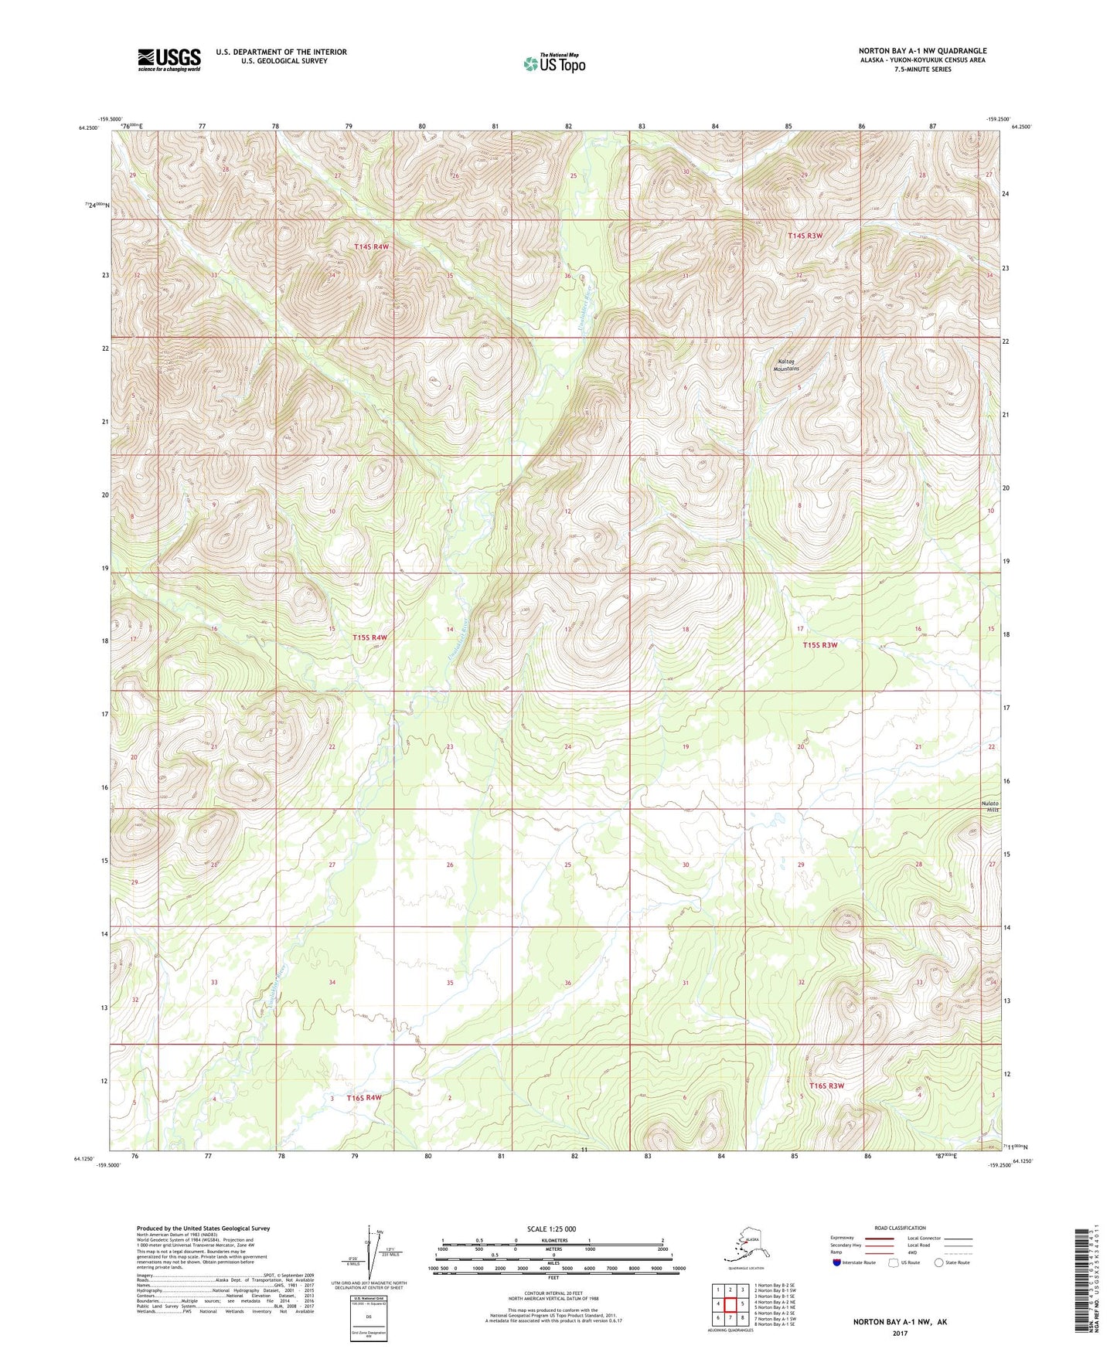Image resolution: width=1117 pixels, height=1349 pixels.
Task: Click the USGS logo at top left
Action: [x=169, y=59]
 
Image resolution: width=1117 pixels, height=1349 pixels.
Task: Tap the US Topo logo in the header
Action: [x=553, y=63]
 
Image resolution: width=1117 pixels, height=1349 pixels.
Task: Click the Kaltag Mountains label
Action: [x=788, y=365]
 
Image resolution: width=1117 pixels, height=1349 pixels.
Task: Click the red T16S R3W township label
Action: [x=826, y=1086]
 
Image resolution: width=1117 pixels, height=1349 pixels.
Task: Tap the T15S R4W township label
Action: [x=369, y=637]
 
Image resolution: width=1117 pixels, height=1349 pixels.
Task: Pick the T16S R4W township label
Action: [x=364, y=1097]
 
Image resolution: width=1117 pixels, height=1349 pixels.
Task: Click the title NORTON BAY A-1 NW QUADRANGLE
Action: [x=922, y=51]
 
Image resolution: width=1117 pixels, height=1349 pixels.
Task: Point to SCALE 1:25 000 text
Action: [x=552, y=1228]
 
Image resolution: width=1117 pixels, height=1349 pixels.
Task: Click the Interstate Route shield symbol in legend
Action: [x=837, y=1263]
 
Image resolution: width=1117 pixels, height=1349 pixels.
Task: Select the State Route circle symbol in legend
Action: [x=938, y=1262]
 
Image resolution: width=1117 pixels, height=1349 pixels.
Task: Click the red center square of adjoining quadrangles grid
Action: [x=730, y=1303]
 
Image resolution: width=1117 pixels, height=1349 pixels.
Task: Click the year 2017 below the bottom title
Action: [x=900, y=1333]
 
